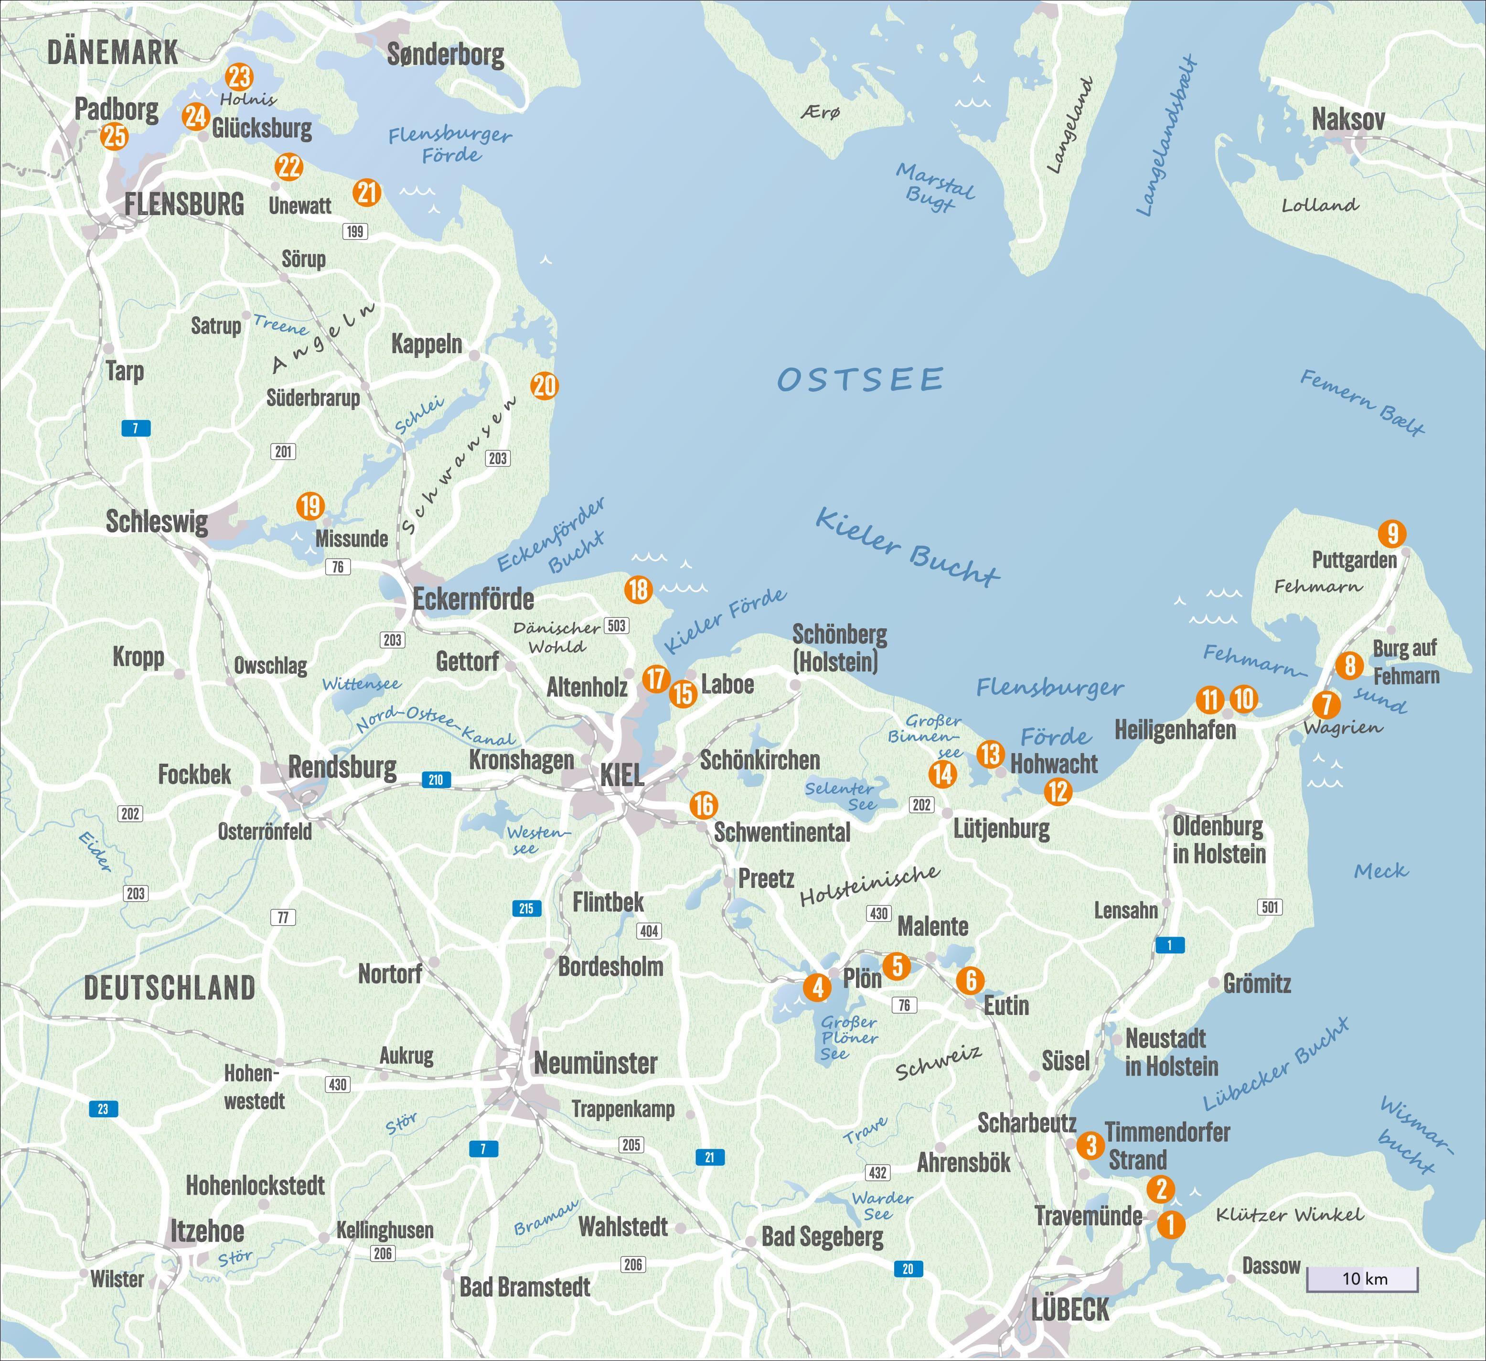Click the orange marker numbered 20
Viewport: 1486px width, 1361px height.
click(x=544, y=386)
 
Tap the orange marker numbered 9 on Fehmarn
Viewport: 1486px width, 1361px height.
click(x=1391, y=532)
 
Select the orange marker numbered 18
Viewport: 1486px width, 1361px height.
click(x=638, y=589)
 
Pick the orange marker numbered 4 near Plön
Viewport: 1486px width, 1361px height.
click(x=817, y=986)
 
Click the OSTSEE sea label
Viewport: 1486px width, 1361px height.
click(x=860, y=380)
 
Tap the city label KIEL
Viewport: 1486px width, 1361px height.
click(x=622, y=775)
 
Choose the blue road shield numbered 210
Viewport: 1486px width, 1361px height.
click(x=436, y=779)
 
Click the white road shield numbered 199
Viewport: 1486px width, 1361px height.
click(x=355, y=231)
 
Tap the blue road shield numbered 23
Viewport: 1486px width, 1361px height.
click(x=102, y=1109)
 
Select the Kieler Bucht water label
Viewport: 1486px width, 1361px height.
click(x=907, y=546)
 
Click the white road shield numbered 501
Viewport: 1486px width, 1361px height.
click(x=1270, y=907)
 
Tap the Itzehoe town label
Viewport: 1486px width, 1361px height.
click(x=207, y=1231)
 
